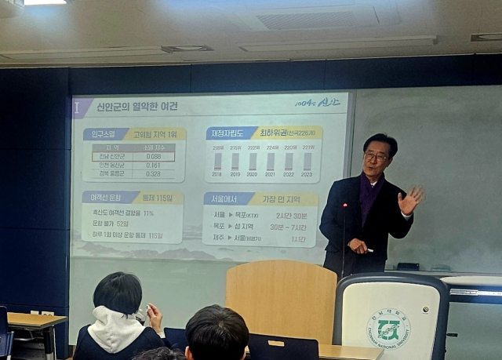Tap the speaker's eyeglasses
[x=376, y=156]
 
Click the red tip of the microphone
[x=345, y=205]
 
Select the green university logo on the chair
[x=389, y=328]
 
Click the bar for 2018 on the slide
[x=217, y=162]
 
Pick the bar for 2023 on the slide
[x=307, y=162]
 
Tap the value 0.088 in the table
[x=153, y=157]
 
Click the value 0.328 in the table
[x=153, y=174]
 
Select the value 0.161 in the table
[x=153, y=165]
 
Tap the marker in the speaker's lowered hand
[x=369, y=250]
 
